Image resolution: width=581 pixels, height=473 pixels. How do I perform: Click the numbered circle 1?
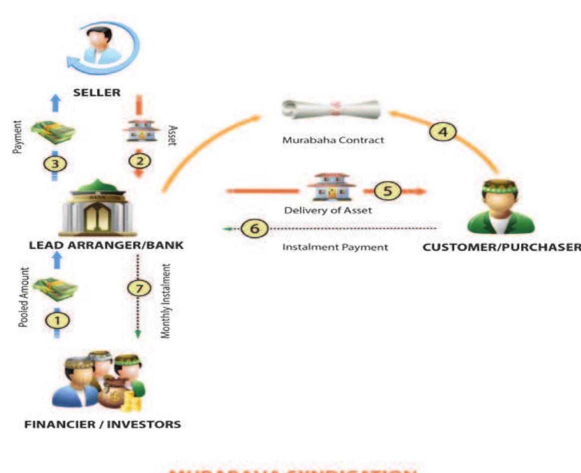coord(56,320)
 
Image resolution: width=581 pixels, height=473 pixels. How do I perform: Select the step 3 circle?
coord(56,163)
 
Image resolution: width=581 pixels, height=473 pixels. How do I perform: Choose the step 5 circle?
coord(384,191)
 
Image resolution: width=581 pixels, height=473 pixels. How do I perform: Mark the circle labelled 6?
coord(254,229)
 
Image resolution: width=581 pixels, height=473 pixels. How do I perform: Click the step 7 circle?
coord(138,288)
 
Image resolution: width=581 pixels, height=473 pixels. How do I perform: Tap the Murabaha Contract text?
coord(333,140)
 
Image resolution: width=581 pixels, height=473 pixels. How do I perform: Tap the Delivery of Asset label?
coord(328,210)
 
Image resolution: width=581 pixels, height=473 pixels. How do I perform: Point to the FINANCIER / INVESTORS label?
coord(102,425)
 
